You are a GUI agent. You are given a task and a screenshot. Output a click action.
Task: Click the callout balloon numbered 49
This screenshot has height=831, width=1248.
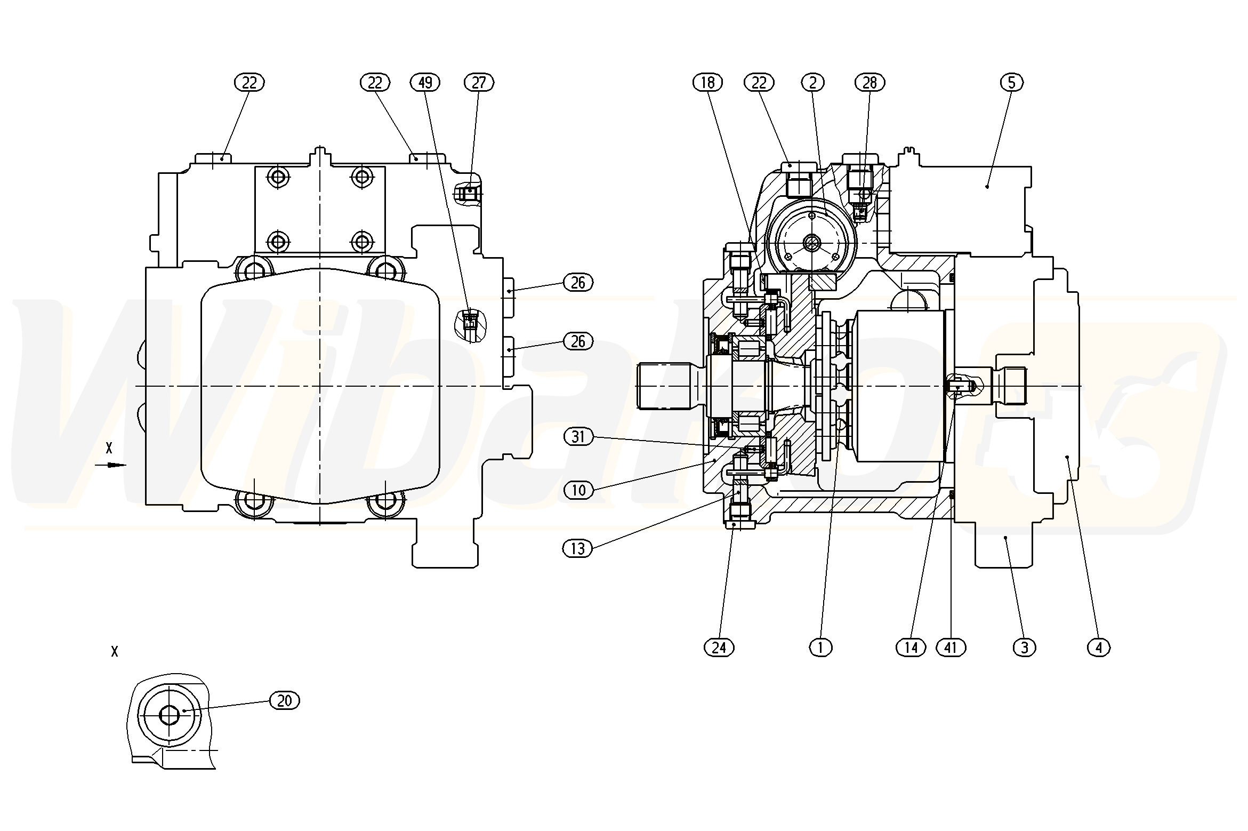click(425, 83)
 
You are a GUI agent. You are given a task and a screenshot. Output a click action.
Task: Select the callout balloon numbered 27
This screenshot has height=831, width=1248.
click(479, 83)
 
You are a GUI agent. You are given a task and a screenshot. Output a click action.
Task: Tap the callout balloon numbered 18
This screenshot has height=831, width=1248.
click(707, 83)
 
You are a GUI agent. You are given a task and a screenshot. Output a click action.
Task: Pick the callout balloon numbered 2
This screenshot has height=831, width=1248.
click(813, 83)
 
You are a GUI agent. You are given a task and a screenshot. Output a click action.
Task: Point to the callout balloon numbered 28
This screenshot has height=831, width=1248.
click(869, 83)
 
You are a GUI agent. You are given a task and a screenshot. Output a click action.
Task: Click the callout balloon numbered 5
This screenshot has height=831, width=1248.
click(1011, 83)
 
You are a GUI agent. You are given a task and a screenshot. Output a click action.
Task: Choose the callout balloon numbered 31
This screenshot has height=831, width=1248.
click(578, 437)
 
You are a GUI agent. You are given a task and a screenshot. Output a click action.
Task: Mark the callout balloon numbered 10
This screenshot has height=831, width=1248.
click(578, 490)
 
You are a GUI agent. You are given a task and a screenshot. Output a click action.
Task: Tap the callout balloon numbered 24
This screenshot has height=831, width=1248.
click(719, 648)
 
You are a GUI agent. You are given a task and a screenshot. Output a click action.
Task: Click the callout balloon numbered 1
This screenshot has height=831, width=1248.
click(820, 648)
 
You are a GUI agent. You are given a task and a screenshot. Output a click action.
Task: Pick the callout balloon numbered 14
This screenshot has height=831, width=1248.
click(911, 648)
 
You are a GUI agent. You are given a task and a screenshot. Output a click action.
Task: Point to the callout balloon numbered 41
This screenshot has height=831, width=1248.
click(951, 648)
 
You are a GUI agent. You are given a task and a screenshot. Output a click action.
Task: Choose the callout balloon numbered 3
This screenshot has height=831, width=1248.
click(1024, 648)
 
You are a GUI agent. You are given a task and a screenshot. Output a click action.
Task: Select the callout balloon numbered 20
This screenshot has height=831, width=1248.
click(285, 700)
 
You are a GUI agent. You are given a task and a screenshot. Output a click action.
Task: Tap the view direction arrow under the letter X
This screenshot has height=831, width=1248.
click(110, 465)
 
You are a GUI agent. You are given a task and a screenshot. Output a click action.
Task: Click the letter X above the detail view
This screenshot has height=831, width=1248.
click(114, 651)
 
